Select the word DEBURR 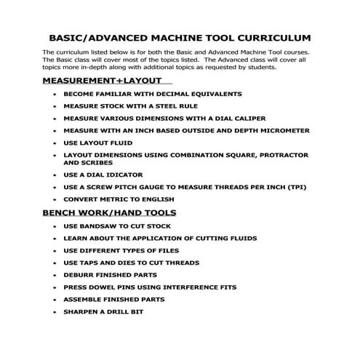click(x=80, y=275)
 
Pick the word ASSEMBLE click(x=84, y=300)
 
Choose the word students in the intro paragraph click(x=260, y=67)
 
